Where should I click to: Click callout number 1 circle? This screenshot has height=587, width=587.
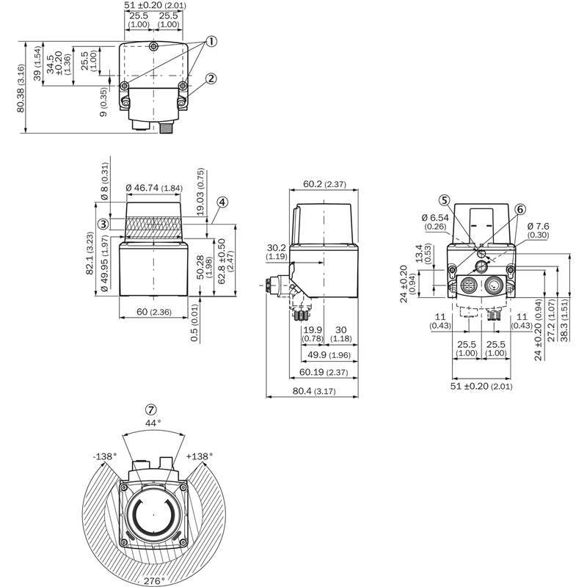click(x=211, y=42)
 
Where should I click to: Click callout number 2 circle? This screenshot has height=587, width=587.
click(x=211, y=79)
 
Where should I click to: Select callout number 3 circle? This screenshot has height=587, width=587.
click(x=103, y=224)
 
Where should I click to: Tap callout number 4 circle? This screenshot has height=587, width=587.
click(x=222, y=202)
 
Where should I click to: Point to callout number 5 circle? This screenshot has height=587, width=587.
click(x=444, y=200)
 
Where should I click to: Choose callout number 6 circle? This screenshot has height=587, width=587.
click(x=520, y=209)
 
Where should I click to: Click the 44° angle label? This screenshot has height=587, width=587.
click(x=152, y=423)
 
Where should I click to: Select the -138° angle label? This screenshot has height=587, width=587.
click(x=105, y=456)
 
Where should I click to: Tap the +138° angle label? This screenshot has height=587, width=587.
click(x=200, y=456)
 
